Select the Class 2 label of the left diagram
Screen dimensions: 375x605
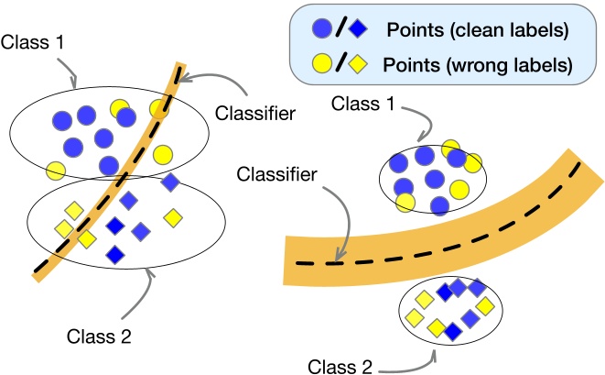tap(99, 336)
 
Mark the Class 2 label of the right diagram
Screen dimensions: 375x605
tap(340, 367)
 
